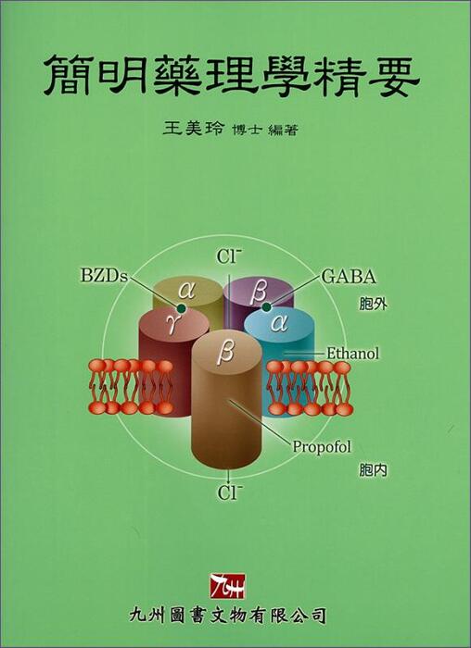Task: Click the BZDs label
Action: point(104,276)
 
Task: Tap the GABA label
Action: point(349,277)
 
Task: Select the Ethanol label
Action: point(352,354)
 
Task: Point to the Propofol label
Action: point(322,447)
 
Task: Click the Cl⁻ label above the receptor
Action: point(229,256)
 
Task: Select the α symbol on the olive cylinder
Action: point(186,292)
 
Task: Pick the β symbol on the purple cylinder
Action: point(259,293)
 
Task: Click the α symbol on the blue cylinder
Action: point(279,323)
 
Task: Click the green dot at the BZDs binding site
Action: point(181,308)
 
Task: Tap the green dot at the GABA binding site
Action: point(267,306)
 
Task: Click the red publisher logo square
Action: point(227,586)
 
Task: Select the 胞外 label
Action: point(373,305)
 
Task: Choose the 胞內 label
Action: point(373,470)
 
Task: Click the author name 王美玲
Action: point(193,129)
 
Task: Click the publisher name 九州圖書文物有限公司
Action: point(228,616)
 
